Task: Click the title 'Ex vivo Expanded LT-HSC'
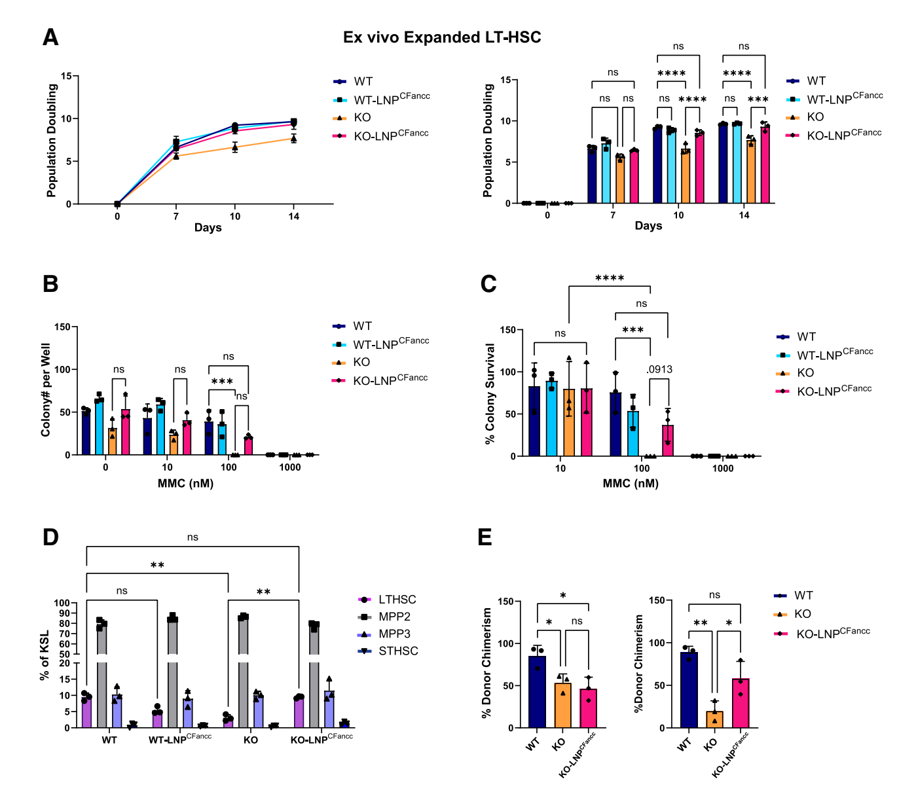(442, 37)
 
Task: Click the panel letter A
(50, 38)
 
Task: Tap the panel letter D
(50, 537)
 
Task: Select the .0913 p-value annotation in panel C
(659, 369)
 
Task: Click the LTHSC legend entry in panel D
(397, 600)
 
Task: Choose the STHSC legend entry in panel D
(398, 651)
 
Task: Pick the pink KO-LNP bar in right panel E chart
(741, 703)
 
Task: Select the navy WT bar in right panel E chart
(689, 690)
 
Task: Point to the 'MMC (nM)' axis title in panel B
(185, 484)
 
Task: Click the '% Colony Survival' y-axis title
(490, 393)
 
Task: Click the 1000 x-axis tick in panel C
(723, 469)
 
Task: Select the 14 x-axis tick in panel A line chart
(294, 217)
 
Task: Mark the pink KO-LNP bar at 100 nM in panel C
(668, 441)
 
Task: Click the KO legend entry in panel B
(361, 362)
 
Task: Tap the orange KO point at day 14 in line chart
(294, 138)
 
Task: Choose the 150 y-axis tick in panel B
(63, 327)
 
